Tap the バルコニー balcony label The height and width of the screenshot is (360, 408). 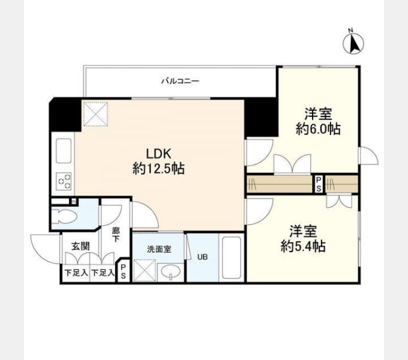[181, 81]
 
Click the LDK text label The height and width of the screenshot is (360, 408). [158, 154]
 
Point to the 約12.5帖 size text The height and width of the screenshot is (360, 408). [158, 168]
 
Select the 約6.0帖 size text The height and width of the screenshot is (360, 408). [318, 128]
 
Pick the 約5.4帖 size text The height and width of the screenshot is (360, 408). [303, 246]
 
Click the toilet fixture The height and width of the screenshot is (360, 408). [64, 217]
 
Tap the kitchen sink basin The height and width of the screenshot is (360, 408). [64, 151]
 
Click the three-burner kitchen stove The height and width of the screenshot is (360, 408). [64, 181]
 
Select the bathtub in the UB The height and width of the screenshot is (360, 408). [232, 257]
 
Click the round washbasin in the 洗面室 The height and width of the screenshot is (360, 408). [170, 272]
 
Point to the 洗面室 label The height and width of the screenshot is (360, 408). [159, 250]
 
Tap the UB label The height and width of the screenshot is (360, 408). [202, 257]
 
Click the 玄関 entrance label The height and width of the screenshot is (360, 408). [80, 246]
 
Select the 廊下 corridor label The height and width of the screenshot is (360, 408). [116, 235]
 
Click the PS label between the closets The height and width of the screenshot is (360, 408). [319, 184]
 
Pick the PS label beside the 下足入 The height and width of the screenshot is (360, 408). [123, 271]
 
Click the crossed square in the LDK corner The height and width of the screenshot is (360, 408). [95, 114]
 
